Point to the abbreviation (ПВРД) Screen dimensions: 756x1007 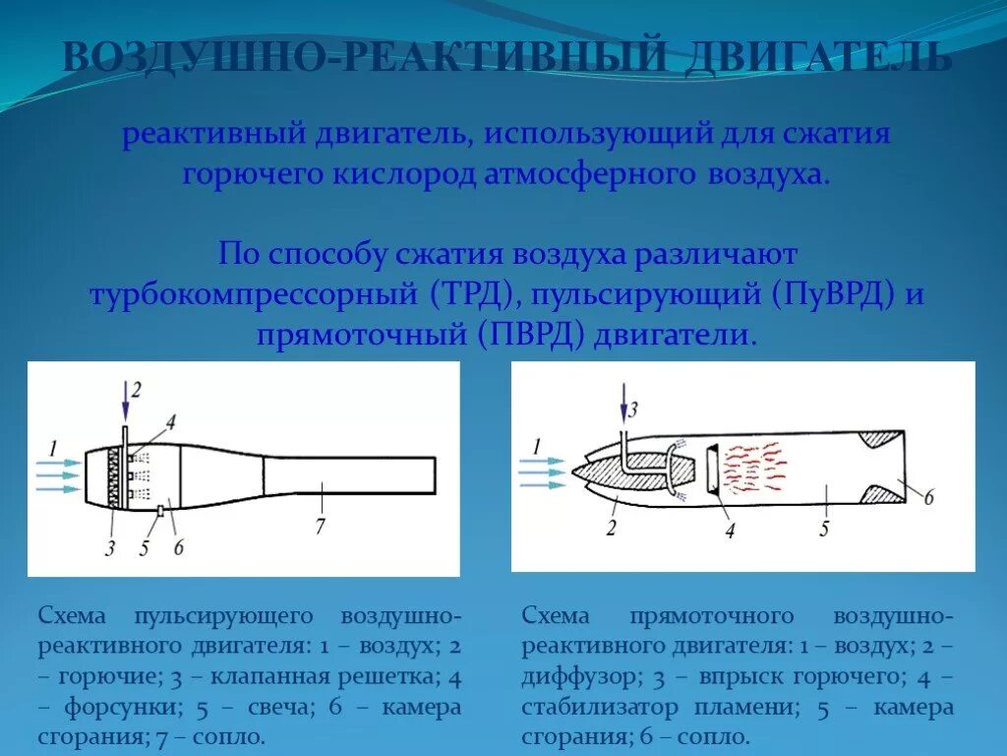(x=532, y=335)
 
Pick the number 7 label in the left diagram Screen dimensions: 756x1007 (x=320, y=527)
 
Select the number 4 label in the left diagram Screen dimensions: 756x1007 (x=170, y=423)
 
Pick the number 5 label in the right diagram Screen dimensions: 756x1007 (x=824, y=528)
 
